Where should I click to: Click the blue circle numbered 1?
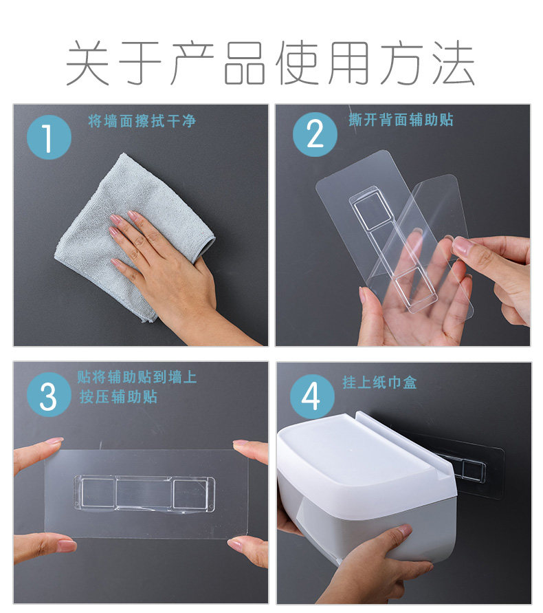pyautogui.click(x=49, y=137)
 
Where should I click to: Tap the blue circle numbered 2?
pyautogui.click(x=315, y=134)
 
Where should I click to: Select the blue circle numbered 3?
pyautogui.click(x=49, y=395)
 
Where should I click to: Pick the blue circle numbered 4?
pyautogui.click(x=312, y=396)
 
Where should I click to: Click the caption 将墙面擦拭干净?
pyautogui.click(x=142, y=121)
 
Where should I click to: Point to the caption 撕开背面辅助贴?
pyautogui.click(x=401, y=120)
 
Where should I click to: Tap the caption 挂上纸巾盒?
pyautogui.click(x=379, y=382)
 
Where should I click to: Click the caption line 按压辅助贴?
pyautogui.click(x=118, y=396)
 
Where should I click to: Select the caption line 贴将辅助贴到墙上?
pyautogui.click(x=137, y=377)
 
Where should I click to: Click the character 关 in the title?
pyautogui.click(x=88, y=63)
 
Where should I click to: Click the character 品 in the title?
pyautogui.click(x=245, y=63)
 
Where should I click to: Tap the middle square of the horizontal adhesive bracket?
pyautogui.click(x=144, y=492)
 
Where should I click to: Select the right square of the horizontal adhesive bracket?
pyautogui.click(x=190, y=493)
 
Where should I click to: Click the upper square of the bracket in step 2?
pyautogui.click(x=373, y=211)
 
